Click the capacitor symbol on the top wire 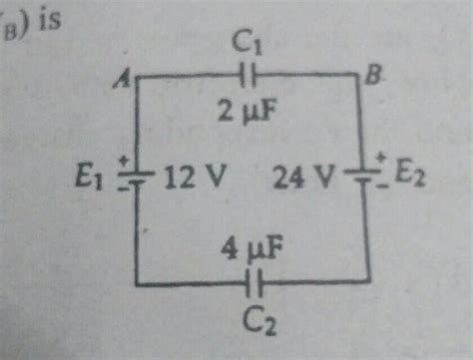(x=247, y=75)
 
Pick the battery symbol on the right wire (x=368, y=176)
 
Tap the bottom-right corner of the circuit (x=370, y=285)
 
